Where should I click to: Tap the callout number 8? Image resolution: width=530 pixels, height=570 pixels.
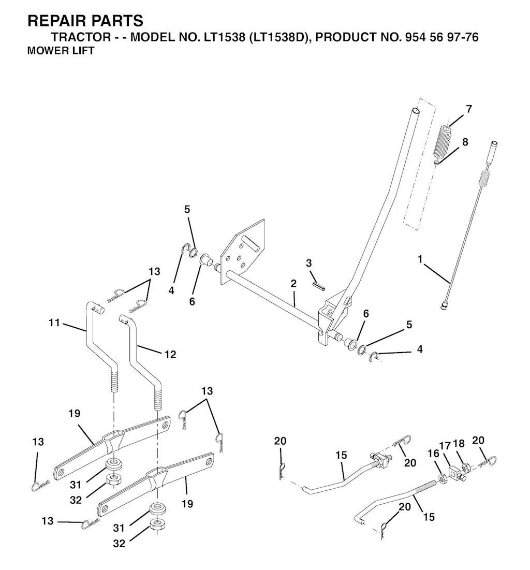tap(465, 142)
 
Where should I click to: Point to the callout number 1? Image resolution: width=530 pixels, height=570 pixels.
tap(421, 259)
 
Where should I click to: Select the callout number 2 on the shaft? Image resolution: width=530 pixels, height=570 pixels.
tap(293, 283)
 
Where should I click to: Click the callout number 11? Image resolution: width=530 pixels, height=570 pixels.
tap(54, 323)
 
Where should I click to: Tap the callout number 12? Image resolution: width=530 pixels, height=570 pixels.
tap(170, 354)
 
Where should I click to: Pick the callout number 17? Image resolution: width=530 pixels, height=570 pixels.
tap(445, 446)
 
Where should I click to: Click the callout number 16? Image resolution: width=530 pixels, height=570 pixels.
tap(433, 454)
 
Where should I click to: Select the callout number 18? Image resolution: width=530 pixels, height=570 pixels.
tap(459, 444)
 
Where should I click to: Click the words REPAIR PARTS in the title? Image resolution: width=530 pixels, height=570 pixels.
tap(85, 21)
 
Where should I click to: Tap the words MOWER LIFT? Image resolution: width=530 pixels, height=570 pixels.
tap(61, 51)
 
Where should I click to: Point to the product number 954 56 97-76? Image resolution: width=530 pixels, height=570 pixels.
tap(439, 37)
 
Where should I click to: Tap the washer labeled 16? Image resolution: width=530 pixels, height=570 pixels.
tap(443, 478)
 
